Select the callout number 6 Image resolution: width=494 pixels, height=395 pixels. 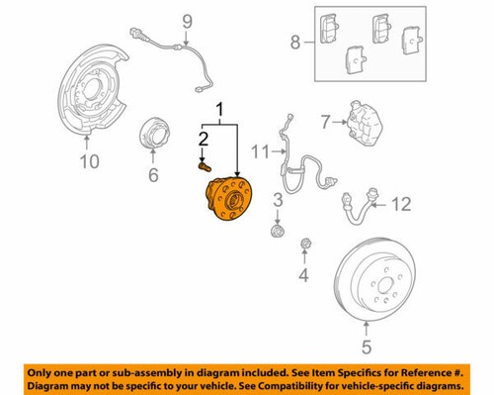click(153, 175)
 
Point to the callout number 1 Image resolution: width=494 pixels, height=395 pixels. click(220, 112)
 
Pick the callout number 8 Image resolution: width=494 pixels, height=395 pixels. click(293, 43)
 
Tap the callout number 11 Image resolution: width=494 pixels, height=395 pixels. click(259, 150)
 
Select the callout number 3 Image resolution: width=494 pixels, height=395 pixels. click(278, 202)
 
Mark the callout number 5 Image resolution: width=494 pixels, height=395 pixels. click(366, 346)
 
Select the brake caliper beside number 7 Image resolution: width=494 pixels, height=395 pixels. click(364, 127)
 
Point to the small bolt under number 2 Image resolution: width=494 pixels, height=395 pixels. click(205, 169)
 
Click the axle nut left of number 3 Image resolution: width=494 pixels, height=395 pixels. click(278, 231)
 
